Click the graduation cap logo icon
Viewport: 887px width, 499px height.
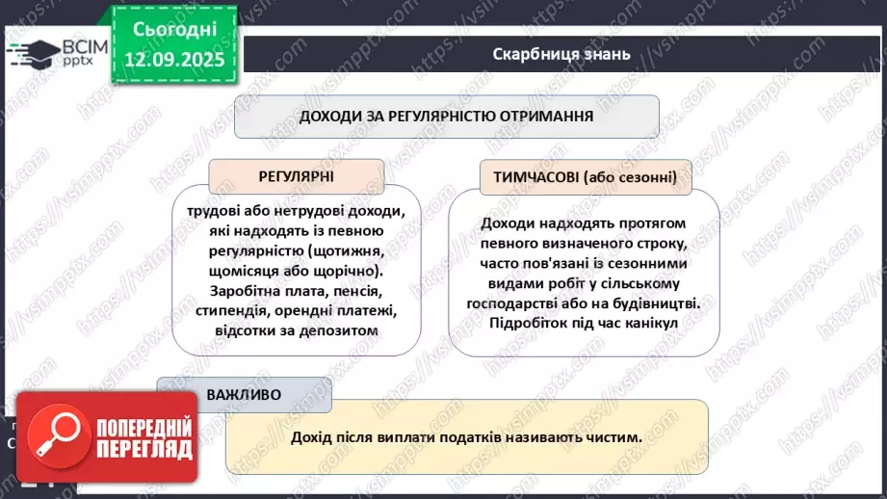click(x=33, y=53)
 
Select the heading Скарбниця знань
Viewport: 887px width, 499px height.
click(x=561, y=54)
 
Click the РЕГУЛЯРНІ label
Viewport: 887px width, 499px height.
click(x=296, y=177)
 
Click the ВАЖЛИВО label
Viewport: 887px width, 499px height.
click(x=244, y=395)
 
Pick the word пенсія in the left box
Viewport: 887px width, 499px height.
click(x=352, y=291)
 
